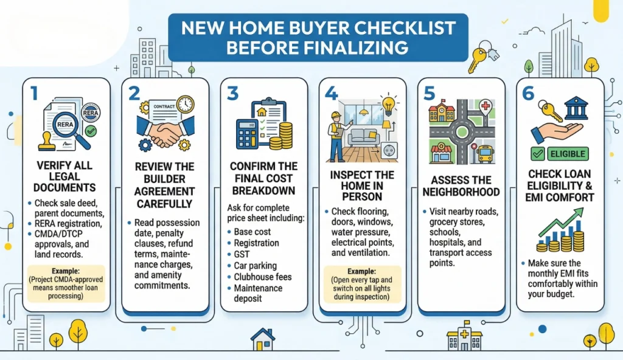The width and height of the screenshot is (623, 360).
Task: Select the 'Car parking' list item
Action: point(255,266)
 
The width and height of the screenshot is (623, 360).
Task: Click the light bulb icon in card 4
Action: point(388,102)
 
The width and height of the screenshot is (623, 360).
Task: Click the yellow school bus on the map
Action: point(486,153)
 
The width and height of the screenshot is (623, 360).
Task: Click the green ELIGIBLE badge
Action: point(560,154)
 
